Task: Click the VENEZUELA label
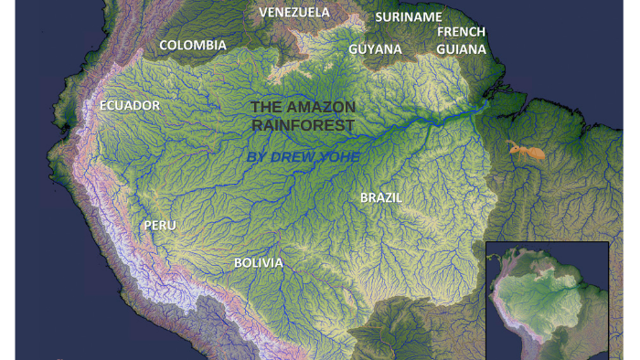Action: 293,13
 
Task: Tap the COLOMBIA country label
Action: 193,45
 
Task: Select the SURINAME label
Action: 409,16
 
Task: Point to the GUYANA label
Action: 375,49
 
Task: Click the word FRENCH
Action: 461,32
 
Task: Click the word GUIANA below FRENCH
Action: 461,49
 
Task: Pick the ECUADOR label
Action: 129,106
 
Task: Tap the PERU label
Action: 159,225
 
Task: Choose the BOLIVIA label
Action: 258,263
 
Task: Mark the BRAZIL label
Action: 381,197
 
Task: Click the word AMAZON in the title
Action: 321,107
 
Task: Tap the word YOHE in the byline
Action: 340,157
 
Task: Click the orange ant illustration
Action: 526,151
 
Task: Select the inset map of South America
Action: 547,301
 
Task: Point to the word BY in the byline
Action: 257,157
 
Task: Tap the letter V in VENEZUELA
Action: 264,13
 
